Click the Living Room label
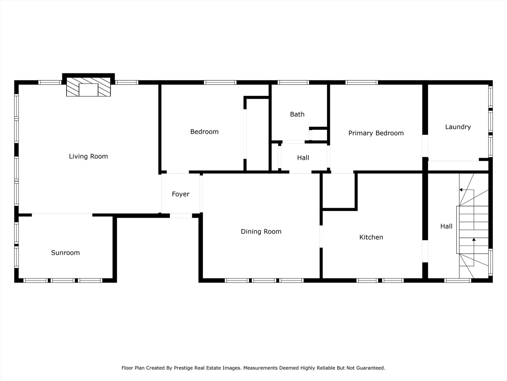click(88, 156)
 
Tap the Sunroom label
click(65, 253)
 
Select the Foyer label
click(181, 194)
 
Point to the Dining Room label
click(261, 231)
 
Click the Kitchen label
click(371, 237)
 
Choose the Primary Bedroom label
click(376, 133)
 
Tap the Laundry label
click(458, 127)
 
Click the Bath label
click(297, 114)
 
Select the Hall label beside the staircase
click(446, 226)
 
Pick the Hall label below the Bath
click(303, 158)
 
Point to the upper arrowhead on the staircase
click(461, 190)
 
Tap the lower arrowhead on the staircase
click(474, 240)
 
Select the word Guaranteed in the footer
click(371, 368)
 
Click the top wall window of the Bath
click(293, 83)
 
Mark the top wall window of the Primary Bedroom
click(362, 83)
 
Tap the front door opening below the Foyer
click(181, 215)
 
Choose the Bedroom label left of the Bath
click(204, 132)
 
